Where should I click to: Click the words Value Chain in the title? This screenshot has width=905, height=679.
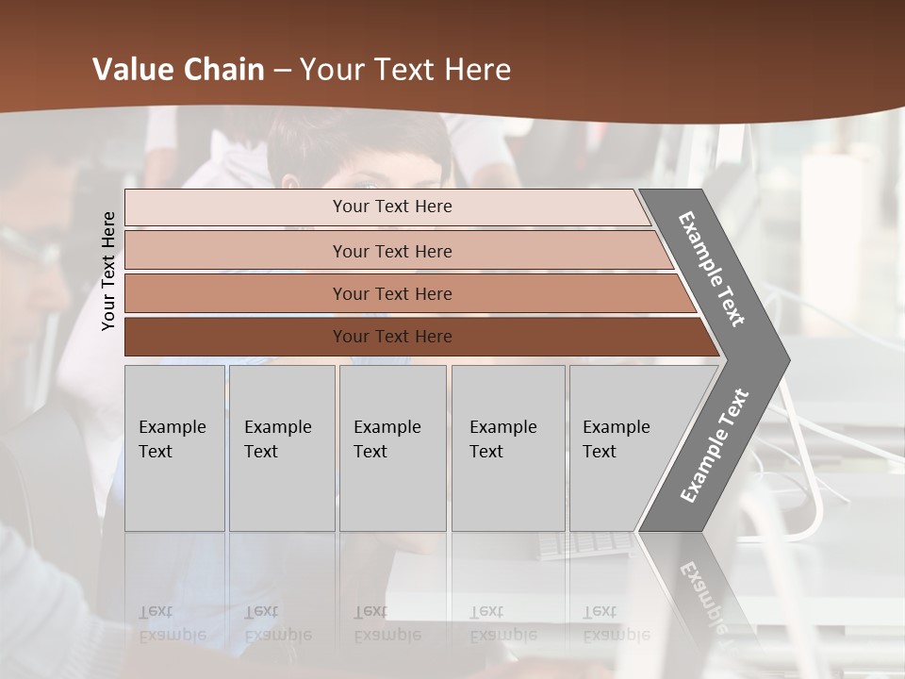[178, 70]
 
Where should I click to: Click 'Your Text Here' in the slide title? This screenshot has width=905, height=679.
[405, 70]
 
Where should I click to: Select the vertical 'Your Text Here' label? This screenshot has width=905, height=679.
[108, 271]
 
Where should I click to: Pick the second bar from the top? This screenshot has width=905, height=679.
[391, 251]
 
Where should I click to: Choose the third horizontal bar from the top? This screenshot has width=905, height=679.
[391, 293]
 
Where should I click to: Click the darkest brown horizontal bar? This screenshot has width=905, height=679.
[391, 337]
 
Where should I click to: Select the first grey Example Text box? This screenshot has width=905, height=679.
[174, 448]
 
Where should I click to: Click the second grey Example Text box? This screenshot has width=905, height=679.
[282, 448]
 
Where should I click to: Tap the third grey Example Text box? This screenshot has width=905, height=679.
[392, 448]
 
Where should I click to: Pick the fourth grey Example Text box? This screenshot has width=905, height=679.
[507, 448]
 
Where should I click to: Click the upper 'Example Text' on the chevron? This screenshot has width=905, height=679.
[712, 269]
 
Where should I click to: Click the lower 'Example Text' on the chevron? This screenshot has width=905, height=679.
[715, 446]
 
